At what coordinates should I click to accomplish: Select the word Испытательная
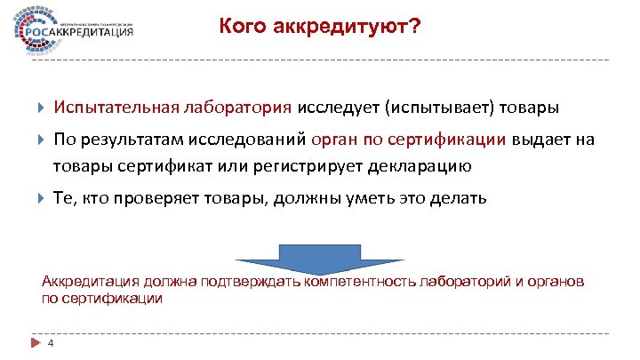click(x=116, y=108)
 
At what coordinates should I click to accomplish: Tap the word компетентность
click(x=367, y=282)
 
